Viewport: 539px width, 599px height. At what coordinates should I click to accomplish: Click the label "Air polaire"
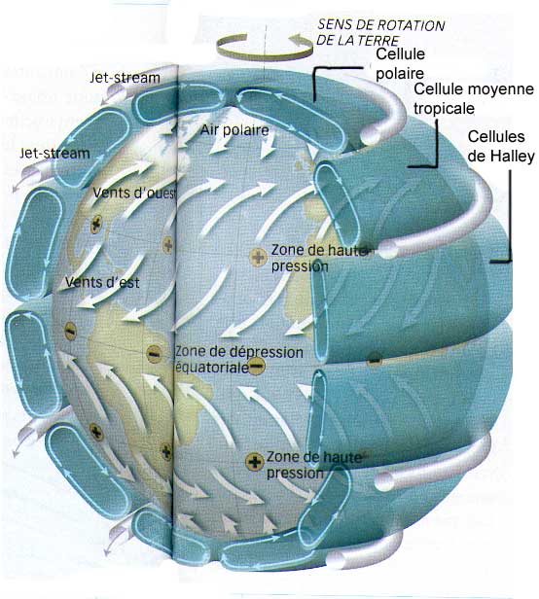pyautogui.click(x=234, y=130)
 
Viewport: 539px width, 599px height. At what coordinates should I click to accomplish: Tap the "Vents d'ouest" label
pyautogui.click(x=134, y=193)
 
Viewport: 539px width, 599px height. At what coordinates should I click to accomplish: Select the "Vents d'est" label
pyautogui.click(x=102, y=282)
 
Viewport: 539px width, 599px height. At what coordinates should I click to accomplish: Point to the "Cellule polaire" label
pyautogui.click(x=400, y=63)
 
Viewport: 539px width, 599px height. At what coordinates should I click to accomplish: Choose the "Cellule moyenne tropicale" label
pyautogui.click(x=474, y=98)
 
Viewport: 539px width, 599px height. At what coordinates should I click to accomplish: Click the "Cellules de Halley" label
pyautogui.click(x=501, y=146)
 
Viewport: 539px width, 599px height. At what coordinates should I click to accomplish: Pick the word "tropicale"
pyautogui.click(x=444, y=109)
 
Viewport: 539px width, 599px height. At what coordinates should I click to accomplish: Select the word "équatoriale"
pyautogui.click(x=212, y=368)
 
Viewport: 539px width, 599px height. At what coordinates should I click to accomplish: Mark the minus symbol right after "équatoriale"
pyautogui.click(x=257, y=367)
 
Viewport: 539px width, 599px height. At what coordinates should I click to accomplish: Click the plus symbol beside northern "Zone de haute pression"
pyautogui.click(x=259, y=257)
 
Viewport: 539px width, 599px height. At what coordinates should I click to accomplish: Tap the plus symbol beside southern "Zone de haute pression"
pyautogui.click(x=255, y=462)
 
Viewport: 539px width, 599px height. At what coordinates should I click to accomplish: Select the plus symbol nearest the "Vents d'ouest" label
pyautogui.click(x=96, y=225)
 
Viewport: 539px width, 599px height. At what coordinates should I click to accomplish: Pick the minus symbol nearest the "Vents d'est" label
pyautogui.click(x=70, y=331)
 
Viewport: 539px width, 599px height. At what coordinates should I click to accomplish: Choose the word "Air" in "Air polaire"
pyautogui.click(x=209, y=130)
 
